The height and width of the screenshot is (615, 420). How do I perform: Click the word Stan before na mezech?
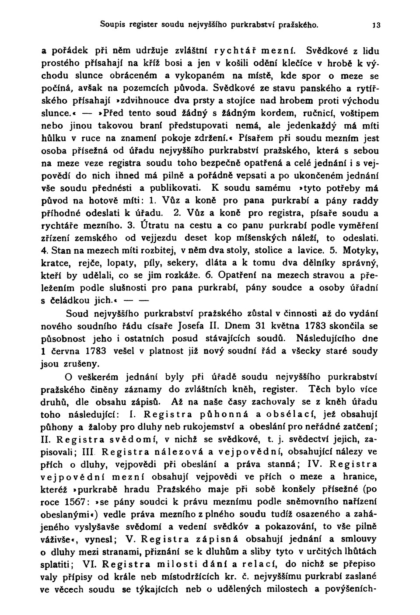(x=59, y=252)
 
